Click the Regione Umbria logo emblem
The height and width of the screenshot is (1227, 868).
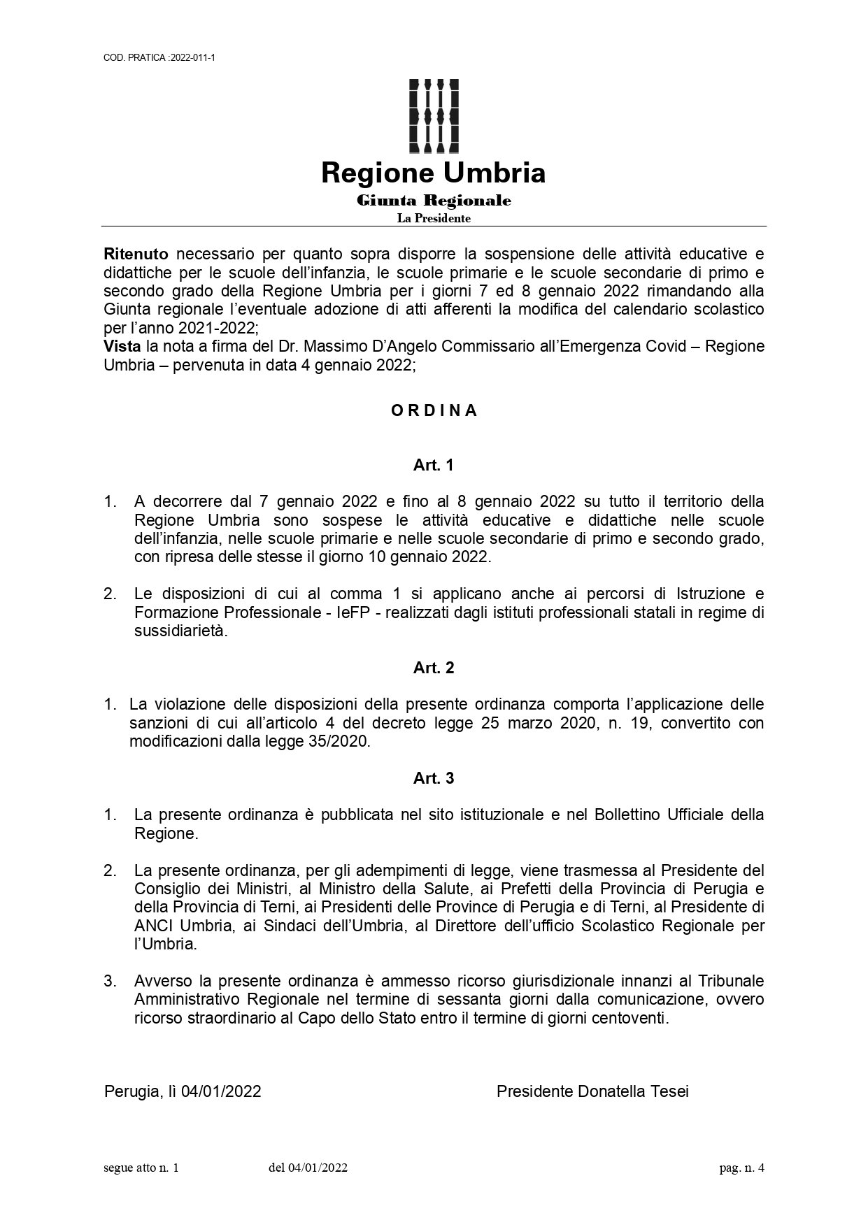(x=434, y=115)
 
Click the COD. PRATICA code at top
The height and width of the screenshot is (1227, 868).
(x=159, y=57)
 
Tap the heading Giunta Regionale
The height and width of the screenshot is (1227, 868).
(x=434, y=201)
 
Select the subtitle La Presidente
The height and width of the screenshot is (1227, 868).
(x=434, y=219)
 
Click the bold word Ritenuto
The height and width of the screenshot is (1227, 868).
(x=136, y=253)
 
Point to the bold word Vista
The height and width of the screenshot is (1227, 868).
(x=122, y=346)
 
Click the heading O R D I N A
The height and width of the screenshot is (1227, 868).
(x=434, y=411)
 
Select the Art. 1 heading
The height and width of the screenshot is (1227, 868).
(x=434, y=465)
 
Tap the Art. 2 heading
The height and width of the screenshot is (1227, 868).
(x=434, y=668)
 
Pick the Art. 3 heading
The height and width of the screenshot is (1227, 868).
(x=434, y=778)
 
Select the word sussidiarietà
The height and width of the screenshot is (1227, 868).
(x=180, y=631)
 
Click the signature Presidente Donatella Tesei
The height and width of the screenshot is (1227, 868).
(x=592, y=1091)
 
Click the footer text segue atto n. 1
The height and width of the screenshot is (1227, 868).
(x=141, y=1168)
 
